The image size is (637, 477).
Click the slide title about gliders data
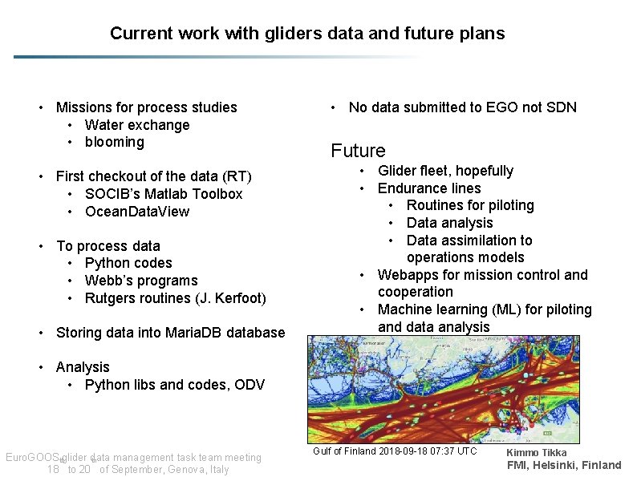[x=307, y=34]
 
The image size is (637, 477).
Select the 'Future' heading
[x=358, y=151]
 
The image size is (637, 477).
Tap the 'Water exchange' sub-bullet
[x=136, y=125]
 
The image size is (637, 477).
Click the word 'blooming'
[x=114, y=142]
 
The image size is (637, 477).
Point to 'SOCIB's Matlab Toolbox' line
[x=163, y=194]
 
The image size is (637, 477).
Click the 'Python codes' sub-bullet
[x=128, y=263]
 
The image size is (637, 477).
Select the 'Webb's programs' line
[x=140, y=281]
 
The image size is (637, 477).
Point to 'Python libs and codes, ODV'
[x=174, y=385]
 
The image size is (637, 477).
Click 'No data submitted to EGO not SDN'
[x=462, y=107]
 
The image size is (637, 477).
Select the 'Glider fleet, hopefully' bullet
[x=445, y=171]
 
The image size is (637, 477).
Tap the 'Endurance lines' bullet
[x=429, y=188]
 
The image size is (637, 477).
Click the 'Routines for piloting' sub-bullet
[x=469, y=205]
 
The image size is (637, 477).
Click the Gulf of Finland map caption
[x=394, y=451]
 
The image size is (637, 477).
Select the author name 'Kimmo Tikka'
[x=536, y=453]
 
